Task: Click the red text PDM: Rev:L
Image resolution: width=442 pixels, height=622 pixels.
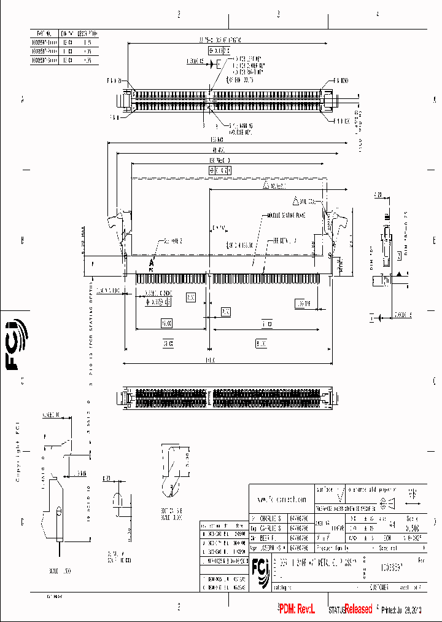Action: [296, 609]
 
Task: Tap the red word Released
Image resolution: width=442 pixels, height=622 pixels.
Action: [358, 609]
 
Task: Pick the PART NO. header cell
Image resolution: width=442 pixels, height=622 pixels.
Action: [45, 34]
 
